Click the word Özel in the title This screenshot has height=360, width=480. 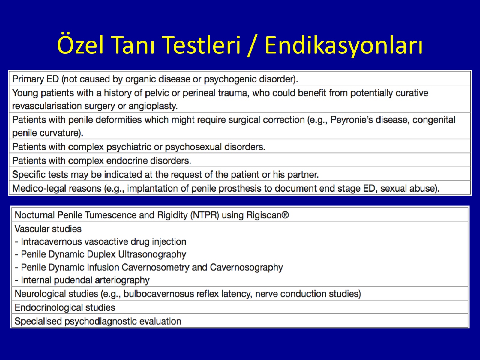pos(80,45)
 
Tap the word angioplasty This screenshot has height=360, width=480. pos(153,106)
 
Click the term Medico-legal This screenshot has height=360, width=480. pos(34,189)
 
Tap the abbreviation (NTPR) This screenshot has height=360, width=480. pos(205,215)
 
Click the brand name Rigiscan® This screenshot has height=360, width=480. pos(268,215)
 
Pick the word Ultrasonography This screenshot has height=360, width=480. pos(152,255)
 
